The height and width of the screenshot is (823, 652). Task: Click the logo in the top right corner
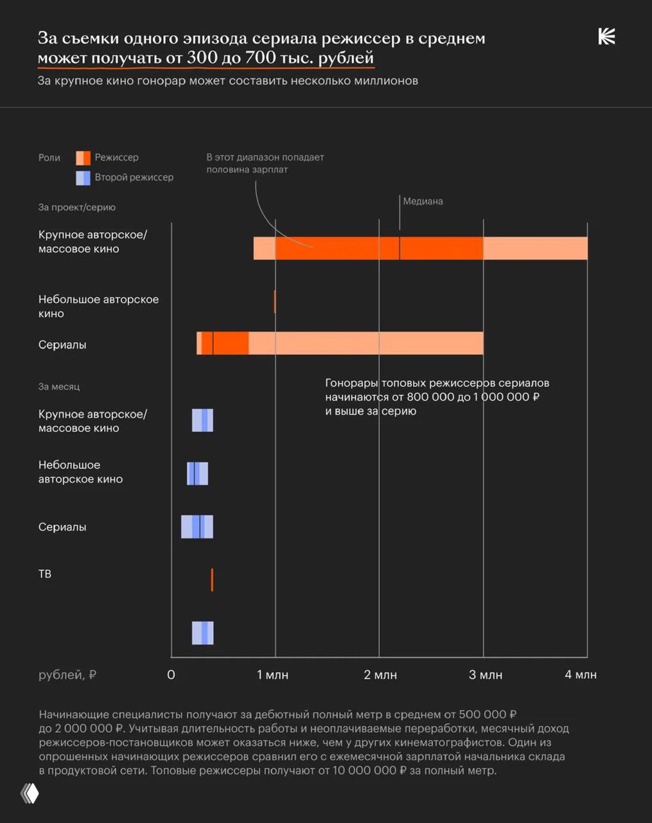pos(606,37)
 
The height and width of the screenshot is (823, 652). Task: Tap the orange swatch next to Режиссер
pos(83,158)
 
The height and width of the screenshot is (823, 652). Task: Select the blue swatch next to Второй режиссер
pos(83,177)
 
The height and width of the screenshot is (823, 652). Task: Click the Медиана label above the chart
pos(423,201)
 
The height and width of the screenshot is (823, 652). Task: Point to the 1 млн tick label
pos(272,674)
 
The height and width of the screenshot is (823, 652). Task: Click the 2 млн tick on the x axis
pos(380,674)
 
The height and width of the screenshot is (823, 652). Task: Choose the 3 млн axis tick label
pos(486,674)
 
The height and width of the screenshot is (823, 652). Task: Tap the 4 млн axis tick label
pos(581,674)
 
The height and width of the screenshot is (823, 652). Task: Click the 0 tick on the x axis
pos(171,674)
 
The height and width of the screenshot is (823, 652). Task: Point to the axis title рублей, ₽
pos(67,674)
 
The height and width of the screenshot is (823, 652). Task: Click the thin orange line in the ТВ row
pos(212,579)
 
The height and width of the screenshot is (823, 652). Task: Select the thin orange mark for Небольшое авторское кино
pos(275,302)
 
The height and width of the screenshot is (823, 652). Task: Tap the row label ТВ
pos(45,574)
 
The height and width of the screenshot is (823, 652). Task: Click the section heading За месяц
pos(59,386)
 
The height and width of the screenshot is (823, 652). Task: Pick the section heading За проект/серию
pos(77,207)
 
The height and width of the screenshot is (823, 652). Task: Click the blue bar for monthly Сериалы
pos(197,527)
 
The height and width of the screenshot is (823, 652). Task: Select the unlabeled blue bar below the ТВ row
pos(202,633)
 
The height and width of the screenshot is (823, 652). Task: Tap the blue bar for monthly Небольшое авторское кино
pos(197,473)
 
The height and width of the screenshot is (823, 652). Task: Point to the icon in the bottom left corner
pos(30,793)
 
